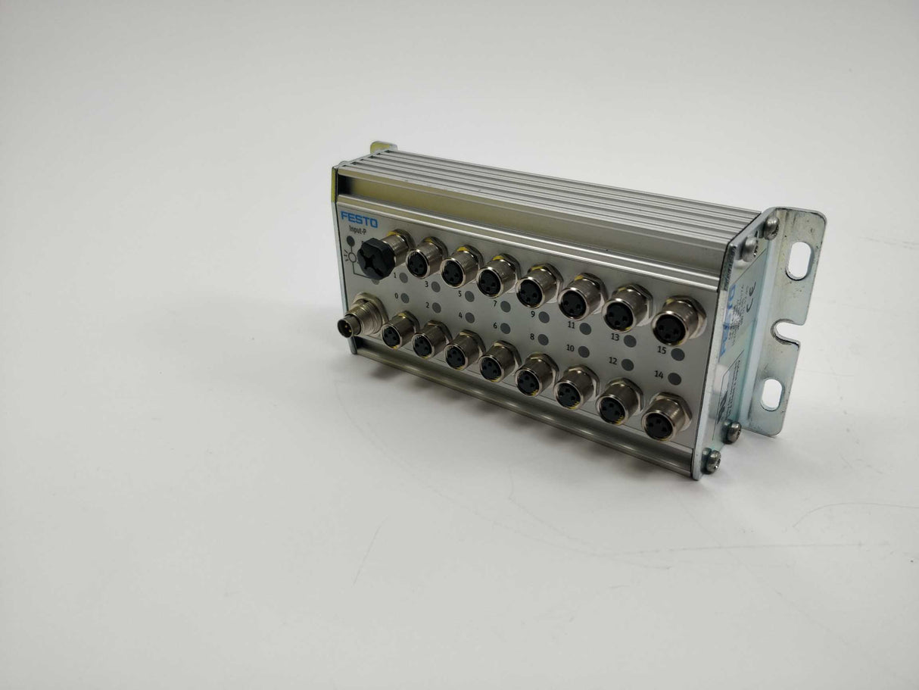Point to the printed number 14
pyautogui.click(x=659, y=375)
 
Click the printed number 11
pyautogui.click(x=572, y=325)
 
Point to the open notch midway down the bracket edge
pyautogui.click(x=792, y=330)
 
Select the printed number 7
pyautogui.click(x=494, y=303)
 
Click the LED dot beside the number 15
pyautogui.click(x=678, y=354)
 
